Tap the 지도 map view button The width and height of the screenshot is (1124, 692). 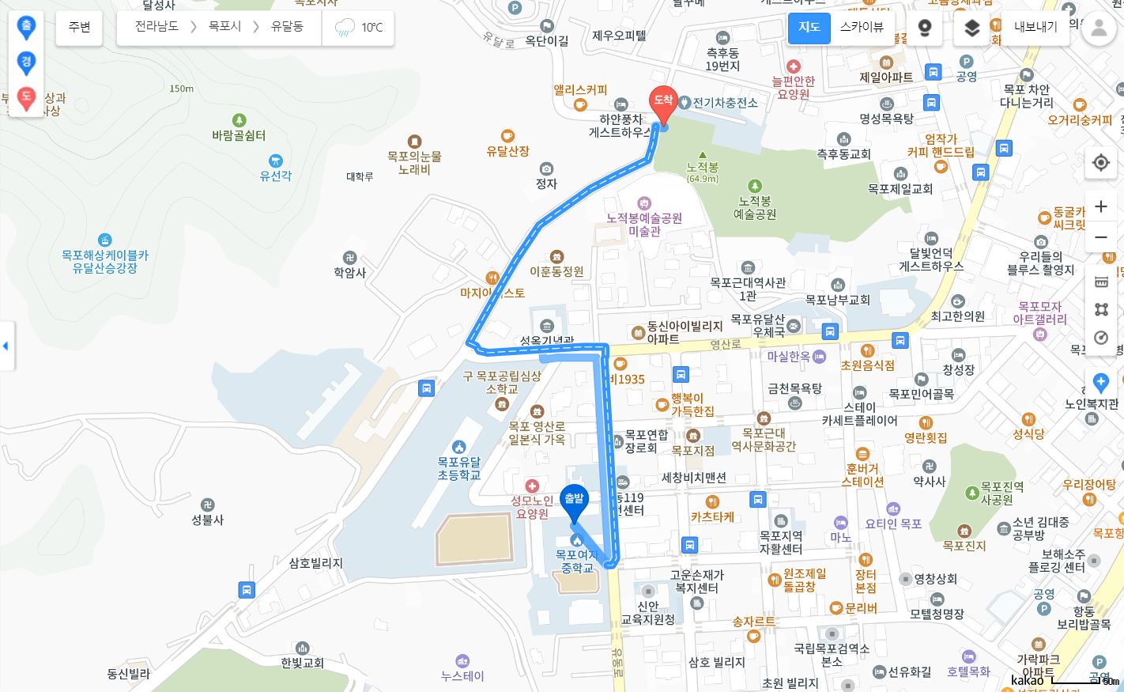pyautogui.click(x=809, y=28)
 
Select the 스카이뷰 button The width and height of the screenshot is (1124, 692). pyautogui.click(x=862, y=28)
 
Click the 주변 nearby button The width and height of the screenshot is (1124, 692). pyautogui.click(x=79, y=28)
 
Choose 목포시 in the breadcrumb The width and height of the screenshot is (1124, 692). pyautogui.click(x=224, y=27)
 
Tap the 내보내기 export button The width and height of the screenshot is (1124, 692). pyautogui.click(x=1035, y=28)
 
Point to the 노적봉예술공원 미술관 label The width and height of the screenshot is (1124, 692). pyautogui.click(x=644, y=224)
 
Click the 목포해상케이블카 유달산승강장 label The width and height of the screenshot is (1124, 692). pyautogui.click(x=105, y=262)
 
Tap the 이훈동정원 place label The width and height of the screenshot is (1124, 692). pyautogui.click(x=557, y=271)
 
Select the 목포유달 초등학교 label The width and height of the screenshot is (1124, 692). pyautogui.click(x=458, y=468)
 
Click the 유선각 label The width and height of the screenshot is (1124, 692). pyautogui.click(x=275, y=176)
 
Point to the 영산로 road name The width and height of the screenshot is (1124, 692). pyautogui.click(x=725, y=345)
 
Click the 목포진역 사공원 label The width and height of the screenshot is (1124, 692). pyautogui.click(x=1001, y=493)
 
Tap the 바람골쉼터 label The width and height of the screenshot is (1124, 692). pyautogui.click(x=239, y=135)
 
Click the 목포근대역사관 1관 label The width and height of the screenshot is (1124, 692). pyautogui.click(x=748, y=289)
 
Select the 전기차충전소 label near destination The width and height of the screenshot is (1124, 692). pyautogui.click(x=725, y=103)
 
